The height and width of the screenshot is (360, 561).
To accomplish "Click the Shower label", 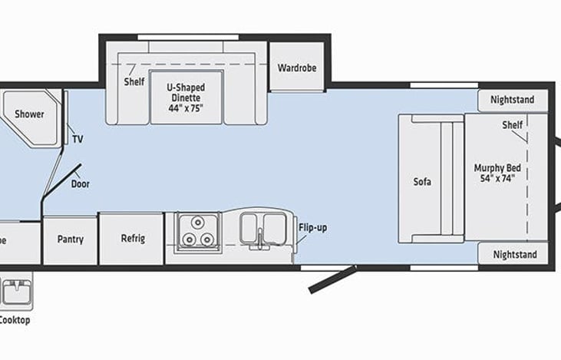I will (x=29, y=114).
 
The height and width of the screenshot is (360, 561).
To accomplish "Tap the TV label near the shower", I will (x=78, y=139).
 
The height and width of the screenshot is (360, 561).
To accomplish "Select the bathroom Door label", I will (x=80, y=184).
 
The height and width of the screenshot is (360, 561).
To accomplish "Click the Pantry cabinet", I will (x=70, y=239).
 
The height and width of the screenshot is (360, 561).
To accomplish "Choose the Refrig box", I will (x=132, y=239).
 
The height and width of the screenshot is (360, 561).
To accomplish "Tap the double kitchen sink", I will (x=262, y=228).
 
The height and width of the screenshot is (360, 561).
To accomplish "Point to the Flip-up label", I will (x=312, y=228).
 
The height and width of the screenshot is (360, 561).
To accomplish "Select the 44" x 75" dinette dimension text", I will (x=186, y=108).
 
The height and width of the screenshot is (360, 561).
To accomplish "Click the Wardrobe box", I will (x=297, y=68).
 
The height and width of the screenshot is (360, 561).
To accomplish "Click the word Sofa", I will (x=422, y=182).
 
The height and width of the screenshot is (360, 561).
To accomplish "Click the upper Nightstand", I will (x=513, y=101).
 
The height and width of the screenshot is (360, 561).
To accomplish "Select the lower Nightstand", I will (x=513, y=254).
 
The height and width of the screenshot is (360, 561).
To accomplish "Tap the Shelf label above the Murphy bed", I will (x=512, y=125).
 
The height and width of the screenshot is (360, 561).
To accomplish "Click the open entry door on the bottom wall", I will (x=332, y=279).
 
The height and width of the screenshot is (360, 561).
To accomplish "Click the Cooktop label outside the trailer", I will (x=15, y=320).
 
